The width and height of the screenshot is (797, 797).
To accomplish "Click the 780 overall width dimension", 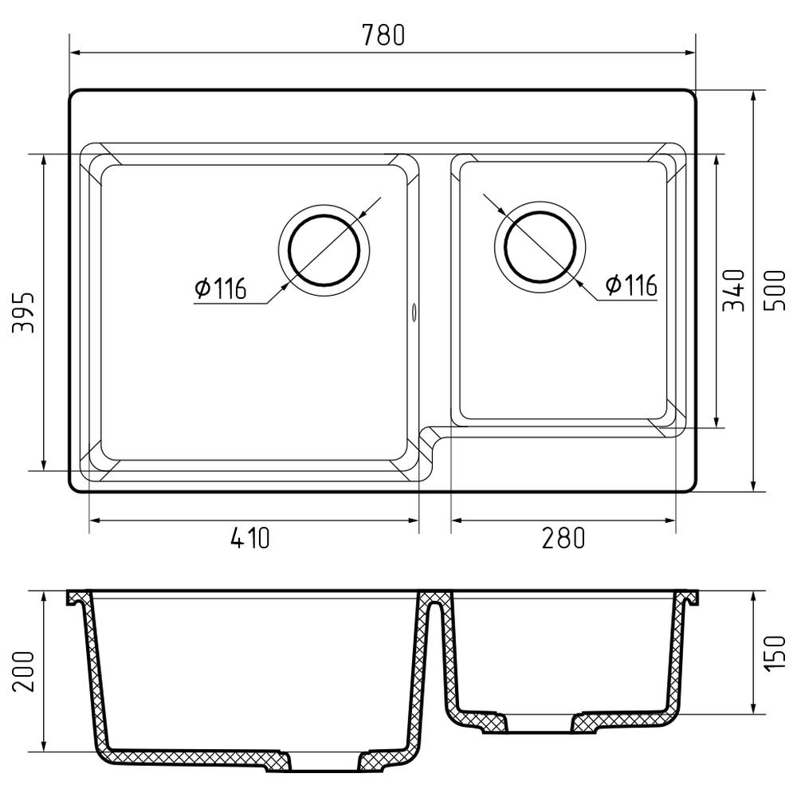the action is pyautogui.click(x=384, y=35).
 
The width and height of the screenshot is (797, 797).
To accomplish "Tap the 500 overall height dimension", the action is pyautogui.click(x=775, y=291).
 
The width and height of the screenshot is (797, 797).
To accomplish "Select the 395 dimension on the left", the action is pyautogui.click(x=23, y=312).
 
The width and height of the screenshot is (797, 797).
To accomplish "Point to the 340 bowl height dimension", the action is pyautogui.click(x=733, y=290).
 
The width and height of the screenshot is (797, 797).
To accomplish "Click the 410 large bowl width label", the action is pyautogui.click(x=249, y=538).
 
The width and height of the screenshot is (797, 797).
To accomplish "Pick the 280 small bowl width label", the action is pyautogui.click(x=563, y=538).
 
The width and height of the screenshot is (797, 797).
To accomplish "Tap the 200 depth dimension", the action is pyautogui.click(x=23, y=671).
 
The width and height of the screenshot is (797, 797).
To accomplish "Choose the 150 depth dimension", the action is pyautogui.click(x=775, y=654).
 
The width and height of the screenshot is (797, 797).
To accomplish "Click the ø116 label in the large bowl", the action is pyautogui.click(x=221, y=289).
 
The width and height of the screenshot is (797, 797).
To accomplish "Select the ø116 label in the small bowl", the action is pyautogui.click(x=631, y=285).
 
